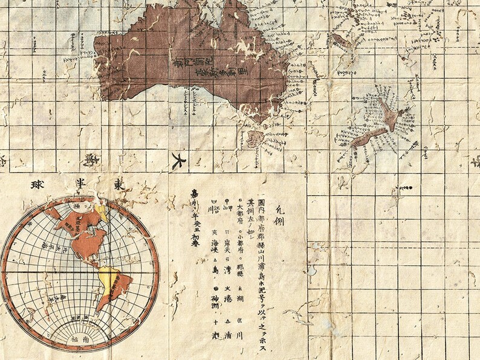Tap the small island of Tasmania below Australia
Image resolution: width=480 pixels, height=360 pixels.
[255, 138]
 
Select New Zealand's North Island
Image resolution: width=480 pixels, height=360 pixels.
[387, 115]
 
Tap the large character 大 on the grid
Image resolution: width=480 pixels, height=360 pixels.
[177, 161]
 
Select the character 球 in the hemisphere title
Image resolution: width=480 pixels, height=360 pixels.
[25, 184]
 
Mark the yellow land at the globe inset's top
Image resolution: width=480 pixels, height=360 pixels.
[101, 211]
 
